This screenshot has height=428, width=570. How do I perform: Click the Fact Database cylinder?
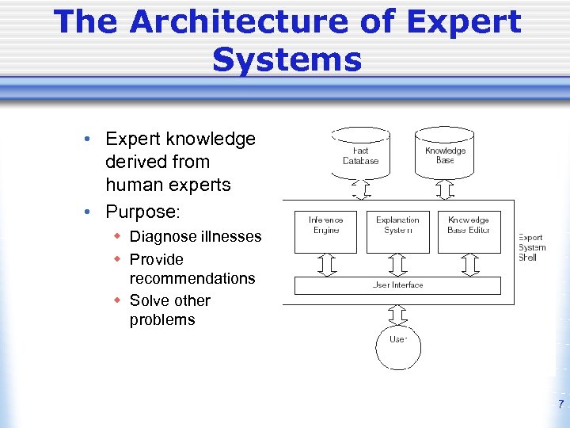click(361, 155)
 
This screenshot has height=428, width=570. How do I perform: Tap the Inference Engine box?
click(325, 230)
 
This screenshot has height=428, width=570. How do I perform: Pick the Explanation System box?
click(397, 230)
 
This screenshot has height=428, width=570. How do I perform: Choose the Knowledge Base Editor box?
click(469, 230)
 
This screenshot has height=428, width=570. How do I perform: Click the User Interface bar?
click(397, 285)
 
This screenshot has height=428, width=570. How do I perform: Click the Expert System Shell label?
click(530, 246)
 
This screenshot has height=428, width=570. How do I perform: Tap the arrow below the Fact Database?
click(361, 190)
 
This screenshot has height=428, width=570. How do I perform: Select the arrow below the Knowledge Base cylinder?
click(445, 190)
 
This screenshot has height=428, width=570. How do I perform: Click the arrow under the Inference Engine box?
click(325, 265)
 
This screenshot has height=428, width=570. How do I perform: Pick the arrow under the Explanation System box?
click(397, 265)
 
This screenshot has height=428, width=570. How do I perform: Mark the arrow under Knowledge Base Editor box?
click(469, 265)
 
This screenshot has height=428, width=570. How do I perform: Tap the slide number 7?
click(560, 404)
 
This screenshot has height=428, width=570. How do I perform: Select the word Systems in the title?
click(287, 59)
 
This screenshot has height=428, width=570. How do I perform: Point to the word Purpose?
click(142, 213)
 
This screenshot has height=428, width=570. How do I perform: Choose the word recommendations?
click(192, 278)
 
